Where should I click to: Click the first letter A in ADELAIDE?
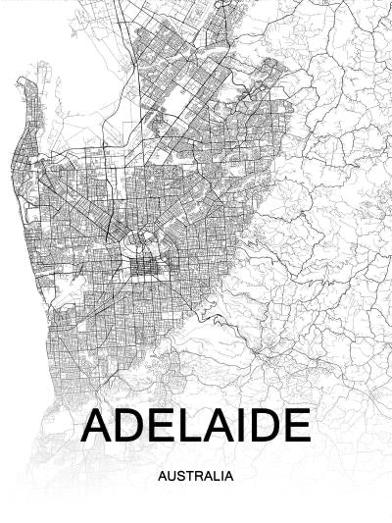[x=99, y=425]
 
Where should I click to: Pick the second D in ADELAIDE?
[x=262, y=425]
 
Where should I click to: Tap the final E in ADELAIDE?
[x=295, y=425]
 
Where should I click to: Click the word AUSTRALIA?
[x=195, y=477]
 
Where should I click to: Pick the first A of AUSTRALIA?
[x=161, y=477]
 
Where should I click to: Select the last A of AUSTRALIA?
[x=228, y=477]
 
